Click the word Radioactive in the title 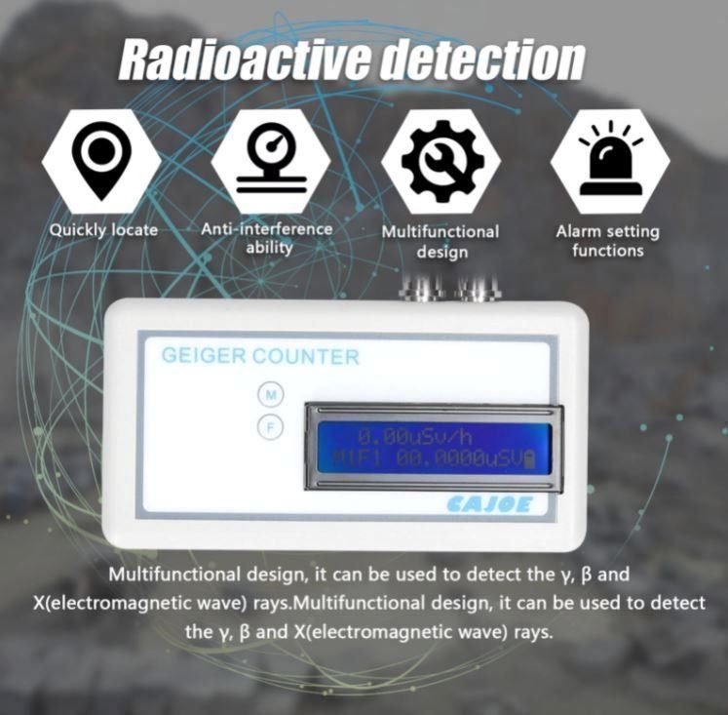[247, 60]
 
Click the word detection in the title [482, 60]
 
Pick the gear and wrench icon [441, 161]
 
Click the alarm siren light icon [611, 158]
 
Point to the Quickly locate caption [103, 230]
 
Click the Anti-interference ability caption [267, 238]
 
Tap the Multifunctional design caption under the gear [441, 242]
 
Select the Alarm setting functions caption [608, 241]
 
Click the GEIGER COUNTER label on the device [260, 356]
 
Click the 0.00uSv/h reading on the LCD [415, 437]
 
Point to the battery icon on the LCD [529, 459]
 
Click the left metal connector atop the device [422, 289]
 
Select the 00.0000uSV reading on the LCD [460, 459]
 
